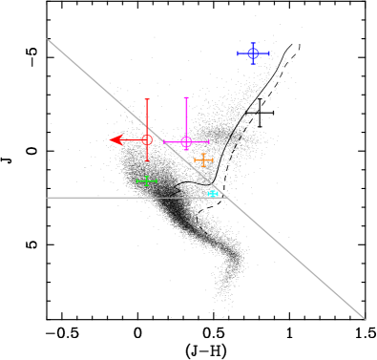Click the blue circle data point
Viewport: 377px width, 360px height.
(253, 53)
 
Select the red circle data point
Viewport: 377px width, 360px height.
(147, 139)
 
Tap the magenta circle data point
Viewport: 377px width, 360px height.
(186, 141)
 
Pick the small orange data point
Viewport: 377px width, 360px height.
(203, 159)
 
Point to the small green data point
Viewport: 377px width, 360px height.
(146, 180)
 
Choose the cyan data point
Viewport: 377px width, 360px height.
(213, 194)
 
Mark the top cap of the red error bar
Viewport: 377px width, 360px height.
(147, 99)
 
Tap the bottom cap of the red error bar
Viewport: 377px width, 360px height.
(147, 160)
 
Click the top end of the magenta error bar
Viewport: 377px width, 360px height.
(186, 97)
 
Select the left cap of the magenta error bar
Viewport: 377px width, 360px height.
(164, 141)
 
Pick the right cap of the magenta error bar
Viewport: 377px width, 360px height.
(208, 141)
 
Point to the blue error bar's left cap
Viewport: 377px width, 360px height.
(238, 53)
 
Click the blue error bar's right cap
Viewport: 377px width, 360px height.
(269, 53)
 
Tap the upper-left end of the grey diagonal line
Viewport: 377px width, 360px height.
(47, 39)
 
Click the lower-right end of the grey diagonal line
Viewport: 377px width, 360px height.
(366, 319)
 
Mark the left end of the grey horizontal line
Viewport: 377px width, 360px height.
(47, 198)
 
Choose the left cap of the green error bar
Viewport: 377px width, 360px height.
(137, 180)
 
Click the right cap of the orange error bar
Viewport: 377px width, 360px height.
(212, 159)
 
